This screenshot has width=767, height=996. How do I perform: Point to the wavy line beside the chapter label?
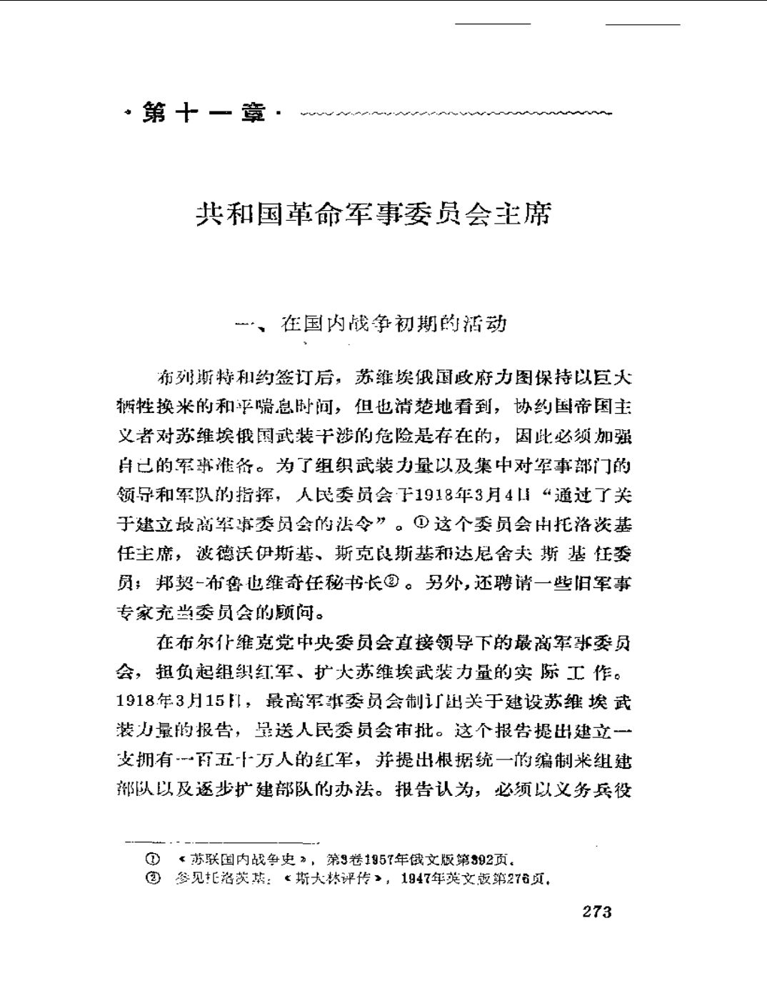coord(457,113)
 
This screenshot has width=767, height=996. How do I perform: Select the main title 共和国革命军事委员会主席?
coord(374,213)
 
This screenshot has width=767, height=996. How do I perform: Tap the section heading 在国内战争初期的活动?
coord(393,324)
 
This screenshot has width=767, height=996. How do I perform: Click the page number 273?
coord(597,911)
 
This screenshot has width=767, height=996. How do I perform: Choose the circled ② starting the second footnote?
coord(151,878)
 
